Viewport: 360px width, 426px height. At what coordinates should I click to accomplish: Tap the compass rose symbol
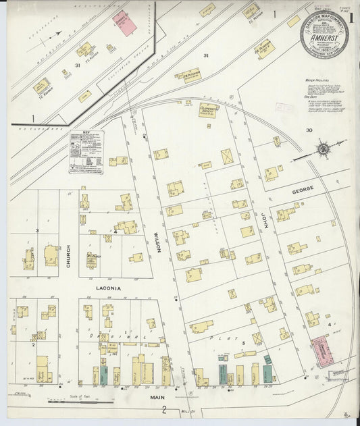324,149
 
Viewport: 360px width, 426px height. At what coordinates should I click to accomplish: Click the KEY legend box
87,152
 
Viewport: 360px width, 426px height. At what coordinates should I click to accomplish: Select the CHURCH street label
68,257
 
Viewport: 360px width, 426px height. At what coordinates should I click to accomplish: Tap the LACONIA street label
108,288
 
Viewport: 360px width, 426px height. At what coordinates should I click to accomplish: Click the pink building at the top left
124,23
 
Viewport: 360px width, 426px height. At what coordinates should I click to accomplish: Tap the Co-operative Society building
208,109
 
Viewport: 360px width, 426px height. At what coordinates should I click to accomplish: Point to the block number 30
309,130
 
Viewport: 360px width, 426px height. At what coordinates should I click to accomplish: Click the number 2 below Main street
163,409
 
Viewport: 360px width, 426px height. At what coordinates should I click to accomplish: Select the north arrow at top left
53,33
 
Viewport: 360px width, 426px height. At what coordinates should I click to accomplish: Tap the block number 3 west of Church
37,231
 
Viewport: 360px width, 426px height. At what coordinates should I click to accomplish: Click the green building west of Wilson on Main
103,375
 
